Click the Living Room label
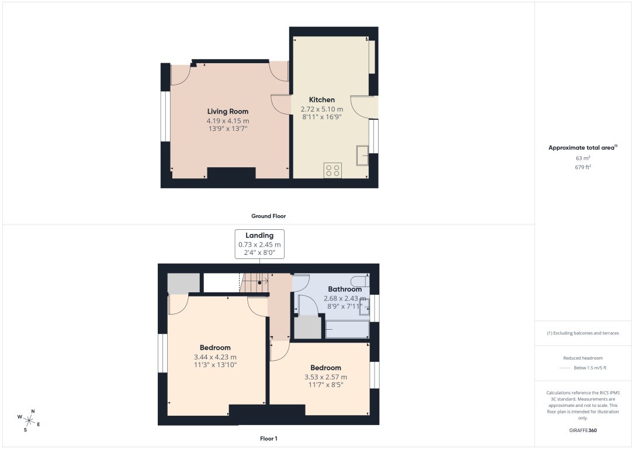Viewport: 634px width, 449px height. pos(227,111)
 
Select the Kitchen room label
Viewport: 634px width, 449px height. pos(321,99)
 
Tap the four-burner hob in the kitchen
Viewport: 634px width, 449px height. pos(333,170)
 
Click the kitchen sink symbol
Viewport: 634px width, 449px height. pos(362,156)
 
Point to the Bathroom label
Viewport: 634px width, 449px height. pos(344,289)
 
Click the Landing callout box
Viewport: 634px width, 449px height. pos(259,244)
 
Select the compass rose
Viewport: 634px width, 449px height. pos(28,419)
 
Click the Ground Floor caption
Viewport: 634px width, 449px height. pos(268,216)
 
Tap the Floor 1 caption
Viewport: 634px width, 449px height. pos(268,438)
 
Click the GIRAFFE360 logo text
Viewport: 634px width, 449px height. pos(583,430)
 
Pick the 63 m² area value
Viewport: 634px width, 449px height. pos(583,158)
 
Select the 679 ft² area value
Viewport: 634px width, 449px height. pos(583,167)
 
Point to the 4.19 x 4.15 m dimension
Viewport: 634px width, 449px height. pos(227,120)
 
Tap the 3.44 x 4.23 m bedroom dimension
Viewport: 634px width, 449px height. pos(215,357)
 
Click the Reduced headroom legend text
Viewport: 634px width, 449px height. pos(583,358)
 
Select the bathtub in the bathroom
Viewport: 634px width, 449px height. pos(347,329)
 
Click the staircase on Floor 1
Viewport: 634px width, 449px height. pos(256,283)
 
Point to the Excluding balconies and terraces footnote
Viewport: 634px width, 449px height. pos(583,333)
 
